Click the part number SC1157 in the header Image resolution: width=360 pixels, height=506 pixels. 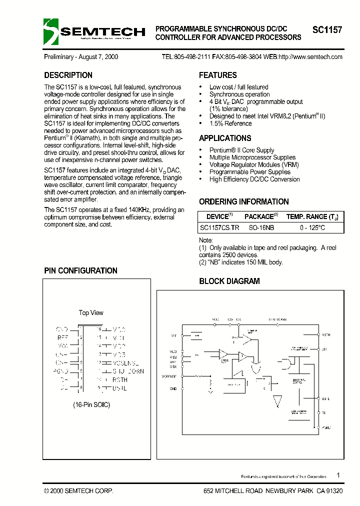[327, 30]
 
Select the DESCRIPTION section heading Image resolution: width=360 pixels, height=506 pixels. [68, 75]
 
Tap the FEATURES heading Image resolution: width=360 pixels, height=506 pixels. [218, 75]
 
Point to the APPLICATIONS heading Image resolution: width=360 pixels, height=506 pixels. [225, 138]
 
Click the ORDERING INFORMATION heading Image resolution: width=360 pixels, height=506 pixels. [244, 202]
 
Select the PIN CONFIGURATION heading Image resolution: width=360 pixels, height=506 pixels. [80, 271]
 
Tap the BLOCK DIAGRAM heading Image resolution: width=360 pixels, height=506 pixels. [229, 281]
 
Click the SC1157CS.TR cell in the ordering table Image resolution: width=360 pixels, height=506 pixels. [219, 227]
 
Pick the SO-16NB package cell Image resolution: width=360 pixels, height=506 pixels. [261, 227]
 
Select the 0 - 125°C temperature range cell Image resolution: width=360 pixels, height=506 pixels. [312, 227]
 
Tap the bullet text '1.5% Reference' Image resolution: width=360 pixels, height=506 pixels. [230, 123]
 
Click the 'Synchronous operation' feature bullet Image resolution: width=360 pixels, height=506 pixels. [239, 94]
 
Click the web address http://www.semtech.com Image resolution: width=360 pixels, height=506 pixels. [310, 57]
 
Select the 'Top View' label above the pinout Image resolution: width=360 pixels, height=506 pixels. [91, 313]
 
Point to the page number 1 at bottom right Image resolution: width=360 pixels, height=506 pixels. [338, 475]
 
